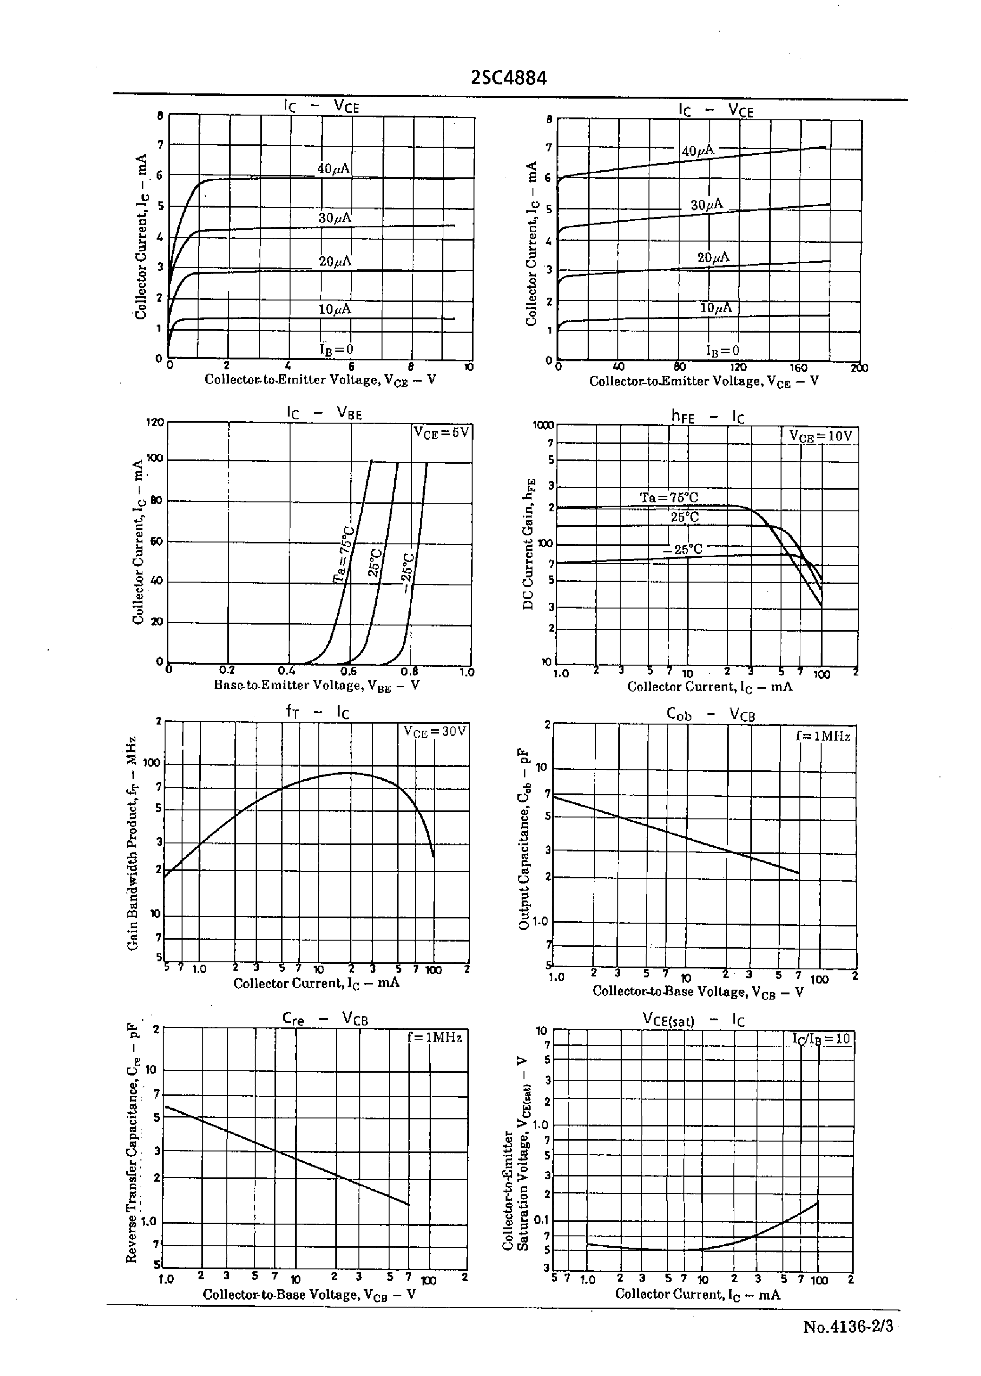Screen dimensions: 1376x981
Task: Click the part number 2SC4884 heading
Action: pyautogui.click(x=508, y=78)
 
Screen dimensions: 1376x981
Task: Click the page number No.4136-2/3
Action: pyautogui.click(x=848, y=1326)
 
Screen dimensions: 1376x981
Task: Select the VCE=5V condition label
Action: pyautogui.click(x=441, y=433)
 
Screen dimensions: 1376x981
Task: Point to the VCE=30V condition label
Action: pyautogui.click(x=435, y=732)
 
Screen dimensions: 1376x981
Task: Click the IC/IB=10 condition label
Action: pyautogui.click(x=821, y=1038)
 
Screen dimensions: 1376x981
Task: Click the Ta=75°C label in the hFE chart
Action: pyautogui.click(x=669, y=498)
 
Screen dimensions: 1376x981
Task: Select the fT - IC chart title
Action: pyautogui.click(x=317, y=713)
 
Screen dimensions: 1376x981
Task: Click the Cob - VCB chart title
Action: pyautogui.click(x=710, y=715)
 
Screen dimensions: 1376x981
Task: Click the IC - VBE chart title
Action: pyautogui.click(x=324, y=413)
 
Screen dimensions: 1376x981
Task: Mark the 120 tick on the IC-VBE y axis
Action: pyautogui.click(x=155, y=422)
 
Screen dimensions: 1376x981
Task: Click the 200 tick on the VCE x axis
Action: pyautogui.click(x=859, y=368)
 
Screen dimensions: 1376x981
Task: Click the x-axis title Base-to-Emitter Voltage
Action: pyautogui.click(x=316, y=685)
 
